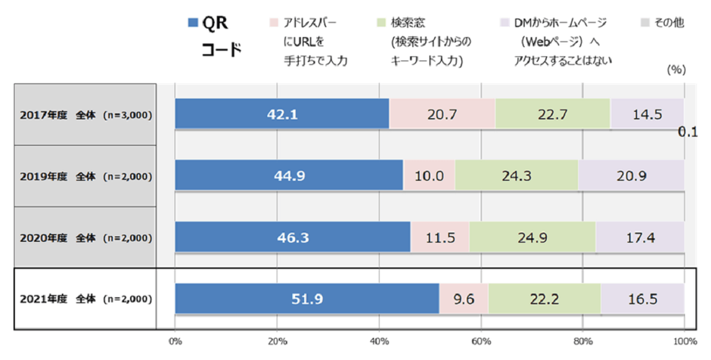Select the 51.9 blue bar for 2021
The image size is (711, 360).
[x=306, y=299]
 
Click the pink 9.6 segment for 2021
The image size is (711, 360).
[x=464, y=299]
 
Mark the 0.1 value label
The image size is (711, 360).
[x=687, y=132]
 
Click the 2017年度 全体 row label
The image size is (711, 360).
[x=85, y=115]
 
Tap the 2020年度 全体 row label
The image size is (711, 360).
[x=85, y=237]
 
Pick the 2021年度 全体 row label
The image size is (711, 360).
[x=85, y=299]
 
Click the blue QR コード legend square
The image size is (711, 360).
[x=191, y=23]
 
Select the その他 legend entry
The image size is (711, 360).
[x=669, y=23]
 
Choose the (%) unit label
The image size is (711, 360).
[x=675, y=69]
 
